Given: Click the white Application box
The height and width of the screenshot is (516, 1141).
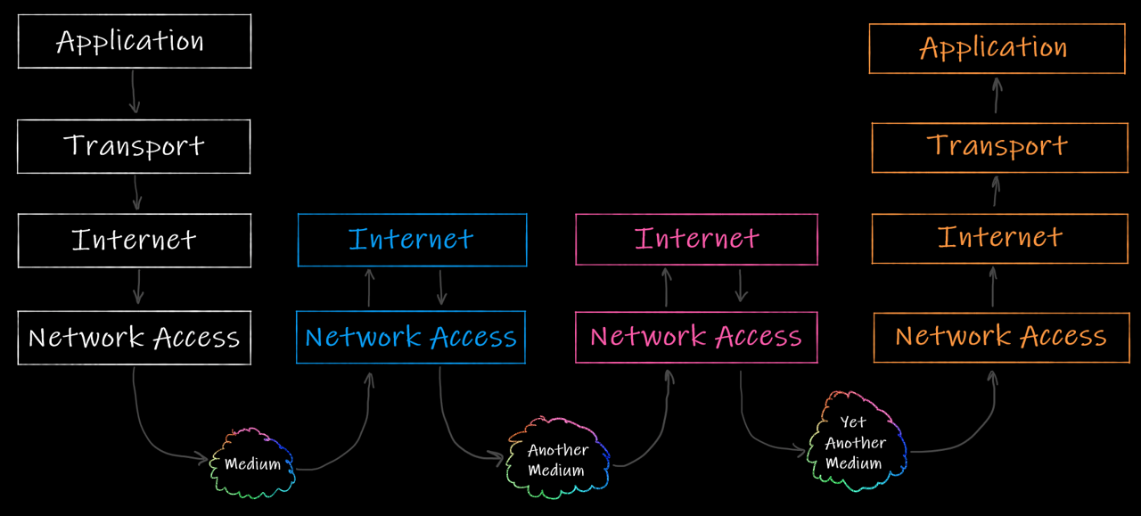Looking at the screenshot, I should (x=135, y=41).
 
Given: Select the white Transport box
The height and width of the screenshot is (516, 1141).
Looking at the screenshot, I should (x=134, y=146).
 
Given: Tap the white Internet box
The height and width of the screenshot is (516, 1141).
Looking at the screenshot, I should (x=135, y=240).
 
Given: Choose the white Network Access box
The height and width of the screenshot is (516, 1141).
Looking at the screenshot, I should (x=135, y=338).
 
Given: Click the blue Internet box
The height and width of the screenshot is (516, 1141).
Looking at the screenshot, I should (x=412, y=240).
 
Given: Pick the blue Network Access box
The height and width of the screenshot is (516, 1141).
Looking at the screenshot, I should (x=411, y=337).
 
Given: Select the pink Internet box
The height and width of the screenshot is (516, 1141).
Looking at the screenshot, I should (x=696, y=239).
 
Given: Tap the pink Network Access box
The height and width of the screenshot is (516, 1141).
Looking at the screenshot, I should (x=696, y=337).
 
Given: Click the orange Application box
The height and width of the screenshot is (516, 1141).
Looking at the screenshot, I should (x=997, y=48).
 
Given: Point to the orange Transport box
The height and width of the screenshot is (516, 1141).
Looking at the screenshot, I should (x=999, y=147).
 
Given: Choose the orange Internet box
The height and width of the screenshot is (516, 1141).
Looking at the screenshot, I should (x=999, y=238).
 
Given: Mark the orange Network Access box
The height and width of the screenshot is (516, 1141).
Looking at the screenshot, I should (x=1001, y=337).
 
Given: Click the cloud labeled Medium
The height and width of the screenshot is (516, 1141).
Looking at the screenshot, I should (x=253, y=463).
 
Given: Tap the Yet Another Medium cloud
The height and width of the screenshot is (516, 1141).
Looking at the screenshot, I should (x=855, y=443).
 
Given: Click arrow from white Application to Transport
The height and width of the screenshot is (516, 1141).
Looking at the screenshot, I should (x=134, y=92).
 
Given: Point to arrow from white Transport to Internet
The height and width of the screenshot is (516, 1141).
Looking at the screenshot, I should (x=136, y=192).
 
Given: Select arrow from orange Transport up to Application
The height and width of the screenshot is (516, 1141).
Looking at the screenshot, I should (x=997, y=95).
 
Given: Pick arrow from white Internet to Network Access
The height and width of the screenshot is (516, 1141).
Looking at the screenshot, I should (x=137, y=287).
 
